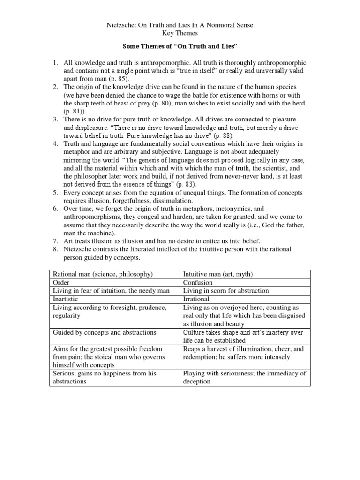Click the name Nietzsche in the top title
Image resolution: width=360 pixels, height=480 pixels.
[121, 25]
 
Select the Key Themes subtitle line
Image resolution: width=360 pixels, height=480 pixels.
[180, 34]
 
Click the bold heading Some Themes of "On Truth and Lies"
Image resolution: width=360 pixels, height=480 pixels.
[180, 47]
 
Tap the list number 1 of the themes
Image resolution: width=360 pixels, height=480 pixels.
[54, 62]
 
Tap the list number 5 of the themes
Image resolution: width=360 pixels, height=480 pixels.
[54, 193]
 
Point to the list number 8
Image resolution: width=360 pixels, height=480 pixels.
[54, 249]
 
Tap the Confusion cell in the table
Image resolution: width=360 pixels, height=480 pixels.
[198, 282]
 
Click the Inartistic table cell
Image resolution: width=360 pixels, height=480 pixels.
[65, 299]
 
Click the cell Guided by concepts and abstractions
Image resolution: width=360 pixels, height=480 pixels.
[105, 332]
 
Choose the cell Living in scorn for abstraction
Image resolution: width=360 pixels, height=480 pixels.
[226, 291]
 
